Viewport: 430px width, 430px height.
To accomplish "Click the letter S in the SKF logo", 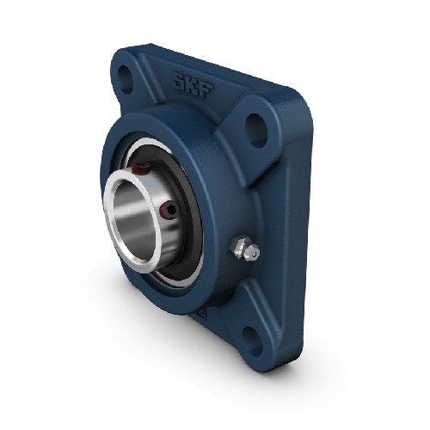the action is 180,81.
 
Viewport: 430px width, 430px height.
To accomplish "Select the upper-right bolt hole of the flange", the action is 257,131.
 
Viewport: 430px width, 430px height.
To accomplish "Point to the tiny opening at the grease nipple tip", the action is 255,252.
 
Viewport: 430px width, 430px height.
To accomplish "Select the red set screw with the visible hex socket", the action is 169,212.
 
